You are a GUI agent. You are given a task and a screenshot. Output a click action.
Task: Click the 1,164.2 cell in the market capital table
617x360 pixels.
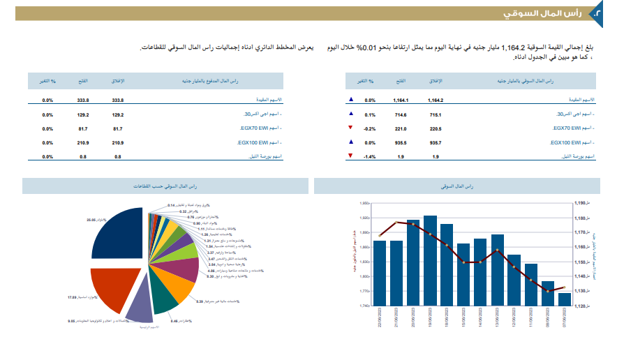pyautogui.click(x=436, y=100)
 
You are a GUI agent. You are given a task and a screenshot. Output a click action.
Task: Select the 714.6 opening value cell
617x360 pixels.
pyautogui.click(x=401, y=114)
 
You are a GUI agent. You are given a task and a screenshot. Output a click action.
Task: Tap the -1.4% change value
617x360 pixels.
pyautogui.click(x=370, y=156)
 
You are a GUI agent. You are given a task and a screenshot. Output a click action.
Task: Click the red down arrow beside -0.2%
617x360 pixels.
pyautogui.click(x=350, y=128)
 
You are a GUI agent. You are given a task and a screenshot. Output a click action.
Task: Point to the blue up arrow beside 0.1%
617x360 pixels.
pyautogui.click(x=350, y=114)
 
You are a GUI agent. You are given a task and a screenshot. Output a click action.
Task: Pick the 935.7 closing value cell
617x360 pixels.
pyautogui.click(x=436, y=142)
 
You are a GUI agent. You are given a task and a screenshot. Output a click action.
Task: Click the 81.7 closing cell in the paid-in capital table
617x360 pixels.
pyautogui.click(x=117, y=128)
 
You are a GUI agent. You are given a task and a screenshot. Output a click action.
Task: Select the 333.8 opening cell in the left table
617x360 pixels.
pyautogui.click(x=82, y=100)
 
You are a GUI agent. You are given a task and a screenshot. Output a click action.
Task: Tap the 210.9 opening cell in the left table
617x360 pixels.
pyautogui.click(x=82, y=142)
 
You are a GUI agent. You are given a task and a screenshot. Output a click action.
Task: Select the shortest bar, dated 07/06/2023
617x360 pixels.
pyautogui.click(x=564, y=299)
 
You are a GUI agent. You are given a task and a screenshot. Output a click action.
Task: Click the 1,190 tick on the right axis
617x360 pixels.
pyautogui.click(x=582, y=203)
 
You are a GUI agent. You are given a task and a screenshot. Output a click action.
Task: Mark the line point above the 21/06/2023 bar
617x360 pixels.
pyautogui.click(x=396, y=223)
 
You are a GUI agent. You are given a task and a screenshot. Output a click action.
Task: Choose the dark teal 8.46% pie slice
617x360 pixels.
pyautogui.click(x=164, y=298)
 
